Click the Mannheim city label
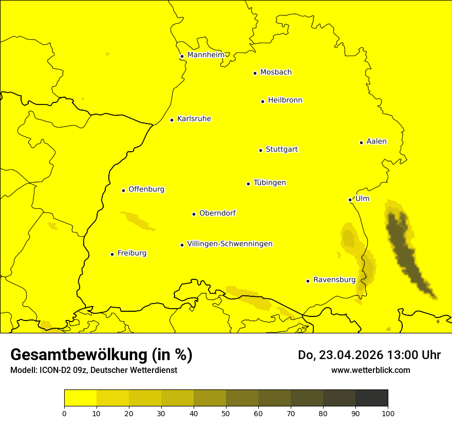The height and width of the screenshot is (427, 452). (x=205, y=55)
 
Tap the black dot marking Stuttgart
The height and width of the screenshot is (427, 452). (x=260, y=150)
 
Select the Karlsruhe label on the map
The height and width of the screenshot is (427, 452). (x=194, y=119)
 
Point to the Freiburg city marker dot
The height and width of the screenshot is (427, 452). (x=112, y=254)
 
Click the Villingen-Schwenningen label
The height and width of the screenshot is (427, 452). (x=230, y=244)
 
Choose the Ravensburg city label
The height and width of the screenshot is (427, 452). (x=334, y=280)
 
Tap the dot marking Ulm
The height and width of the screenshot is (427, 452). (x=350, y=200)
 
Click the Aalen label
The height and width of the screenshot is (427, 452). (x=376, y=141)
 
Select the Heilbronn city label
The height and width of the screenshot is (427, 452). (x=285, y=100)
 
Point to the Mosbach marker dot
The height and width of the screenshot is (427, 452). (x=255, y=73)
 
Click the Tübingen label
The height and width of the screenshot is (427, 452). (x=269, y=183)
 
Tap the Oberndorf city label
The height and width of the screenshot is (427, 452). (x=217, y=213)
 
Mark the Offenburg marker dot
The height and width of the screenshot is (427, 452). (x=123, y=190)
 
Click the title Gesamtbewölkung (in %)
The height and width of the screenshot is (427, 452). (x=101, y=355)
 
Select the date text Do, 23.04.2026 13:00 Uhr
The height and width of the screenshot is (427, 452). (x=369, y=355)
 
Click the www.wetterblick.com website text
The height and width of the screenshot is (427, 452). (x=370, y=370)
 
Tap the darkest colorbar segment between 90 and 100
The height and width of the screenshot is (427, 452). (x=371, y=398)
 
